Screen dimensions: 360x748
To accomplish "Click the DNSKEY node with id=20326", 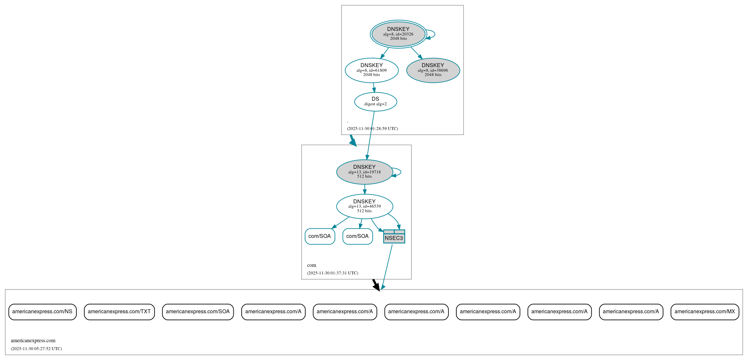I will (x=398, y=34).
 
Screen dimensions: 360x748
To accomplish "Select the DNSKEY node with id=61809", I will (x=371, y=70).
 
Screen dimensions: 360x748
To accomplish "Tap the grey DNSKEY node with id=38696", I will (x=433, y=70).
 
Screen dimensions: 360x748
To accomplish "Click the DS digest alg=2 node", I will (x=375, y=102).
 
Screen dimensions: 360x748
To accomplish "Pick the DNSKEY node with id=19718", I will (x=364, y=172).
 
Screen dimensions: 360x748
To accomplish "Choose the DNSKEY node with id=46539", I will (x=364, y=206).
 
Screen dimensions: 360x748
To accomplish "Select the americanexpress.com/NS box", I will (x=42, y=312).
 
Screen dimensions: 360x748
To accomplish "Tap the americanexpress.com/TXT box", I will (x=119, y=312).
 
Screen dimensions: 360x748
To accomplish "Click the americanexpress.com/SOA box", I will (x=198, y=312).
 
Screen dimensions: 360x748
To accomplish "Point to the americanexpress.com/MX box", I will (x=705, y=312).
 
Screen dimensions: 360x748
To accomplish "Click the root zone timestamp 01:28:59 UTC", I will (x=372, y=129).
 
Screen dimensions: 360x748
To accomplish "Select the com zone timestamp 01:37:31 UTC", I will (x=333, y=273).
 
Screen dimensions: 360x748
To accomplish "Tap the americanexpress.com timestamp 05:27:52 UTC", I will (x=36, y=349).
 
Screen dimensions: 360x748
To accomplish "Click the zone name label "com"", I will (x=311, y=265).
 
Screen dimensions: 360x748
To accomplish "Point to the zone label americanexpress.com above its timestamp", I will (x=33, y=341).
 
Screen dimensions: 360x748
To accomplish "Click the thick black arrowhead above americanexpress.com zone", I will (x=376, y=286).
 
